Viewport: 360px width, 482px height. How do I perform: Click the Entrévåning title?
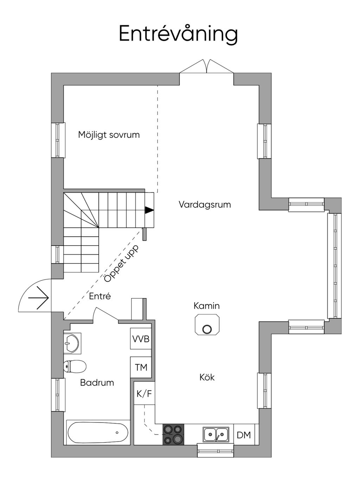178,34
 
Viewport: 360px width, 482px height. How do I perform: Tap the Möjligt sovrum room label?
109,135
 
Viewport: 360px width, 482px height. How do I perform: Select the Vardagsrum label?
205,205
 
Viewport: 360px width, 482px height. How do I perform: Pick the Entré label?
100,296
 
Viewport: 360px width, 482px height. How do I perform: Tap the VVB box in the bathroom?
141,339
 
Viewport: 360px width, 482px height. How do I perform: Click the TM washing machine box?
141,367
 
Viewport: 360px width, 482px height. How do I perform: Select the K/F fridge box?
144,393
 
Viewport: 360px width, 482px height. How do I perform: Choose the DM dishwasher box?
244,435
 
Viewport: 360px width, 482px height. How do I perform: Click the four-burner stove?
173,435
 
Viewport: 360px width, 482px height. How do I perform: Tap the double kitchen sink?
216,435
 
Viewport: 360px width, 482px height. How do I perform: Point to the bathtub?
98,433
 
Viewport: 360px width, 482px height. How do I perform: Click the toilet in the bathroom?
75,366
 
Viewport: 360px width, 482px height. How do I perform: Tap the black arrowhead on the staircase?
149,210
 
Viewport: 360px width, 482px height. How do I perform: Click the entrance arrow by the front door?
38,298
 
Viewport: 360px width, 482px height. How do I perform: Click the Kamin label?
206,306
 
